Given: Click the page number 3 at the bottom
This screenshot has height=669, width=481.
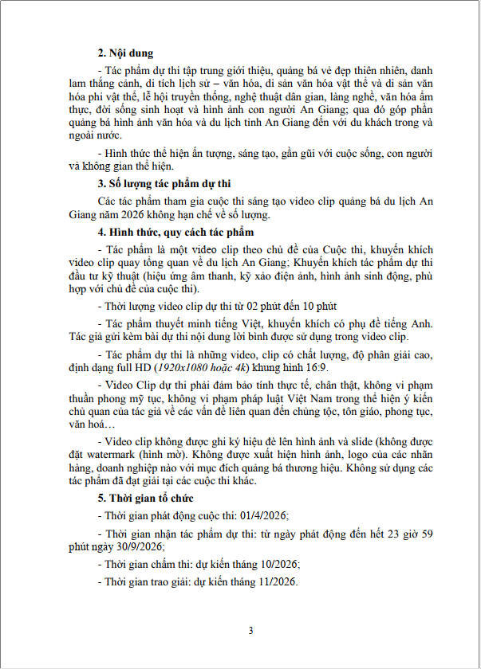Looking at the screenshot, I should point(250,631).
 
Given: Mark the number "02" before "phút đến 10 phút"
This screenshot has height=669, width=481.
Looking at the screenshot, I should point(252,305).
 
